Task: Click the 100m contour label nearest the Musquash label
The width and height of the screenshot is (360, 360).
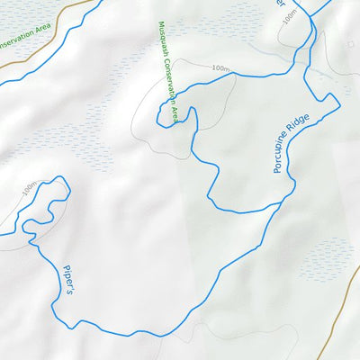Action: [x=220, y=68]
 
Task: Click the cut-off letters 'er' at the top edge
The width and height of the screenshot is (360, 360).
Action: [x=280, y=4]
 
